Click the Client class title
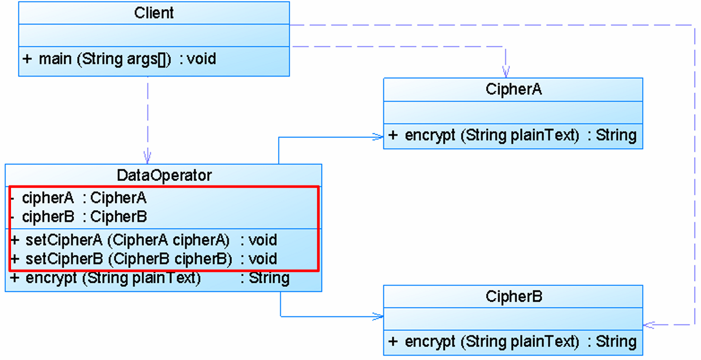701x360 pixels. click(154, 13)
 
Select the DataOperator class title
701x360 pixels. click(164, 175)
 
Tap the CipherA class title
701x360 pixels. click(513, 89)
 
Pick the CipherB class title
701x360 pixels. click(513, 297)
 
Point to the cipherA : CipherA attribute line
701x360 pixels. click(78, 198)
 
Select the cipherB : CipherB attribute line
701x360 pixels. click(78, 217)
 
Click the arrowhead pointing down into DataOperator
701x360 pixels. click(147, 157)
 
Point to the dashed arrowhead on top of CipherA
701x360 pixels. click(506, 71)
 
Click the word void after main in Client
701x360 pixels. click(201, 59)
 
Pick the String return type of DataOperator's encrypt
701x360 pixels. click(269, 278)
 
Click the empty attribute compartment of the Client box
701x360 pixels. click(154, 36)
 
